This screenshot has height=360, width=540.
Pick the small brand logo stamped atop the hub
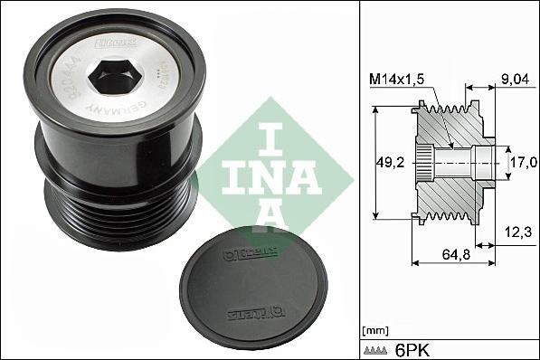124,43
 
